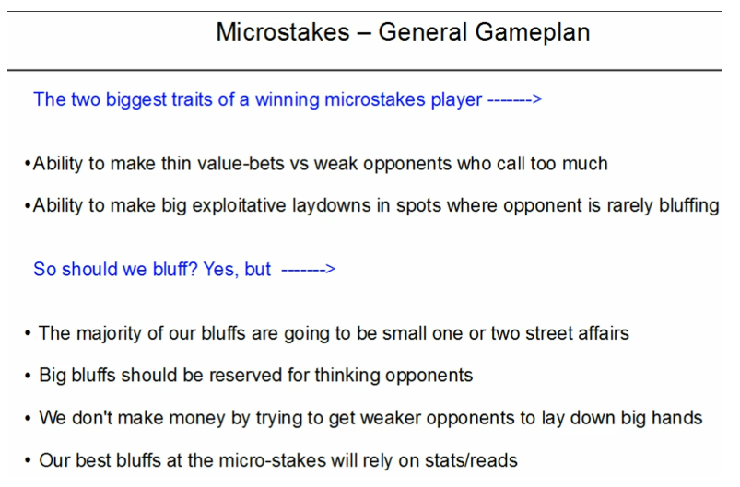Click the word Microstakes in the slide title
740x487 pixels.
[x=283, y=32]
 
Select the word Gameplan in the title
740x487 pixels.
[x=533, y=33]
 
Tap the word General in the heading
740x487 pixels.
[x=422, y=32]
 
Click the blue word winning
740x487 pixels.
[x=288, y=99]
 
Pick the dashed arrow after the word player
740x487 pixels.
[x=515, y=99]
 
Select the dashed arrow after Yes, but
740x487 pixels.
[x=308, y=269]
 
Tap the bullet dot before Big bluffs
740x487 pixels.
[x=28, y=376]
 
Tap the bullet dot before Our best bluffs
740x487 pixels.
[x=28, y=460]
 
